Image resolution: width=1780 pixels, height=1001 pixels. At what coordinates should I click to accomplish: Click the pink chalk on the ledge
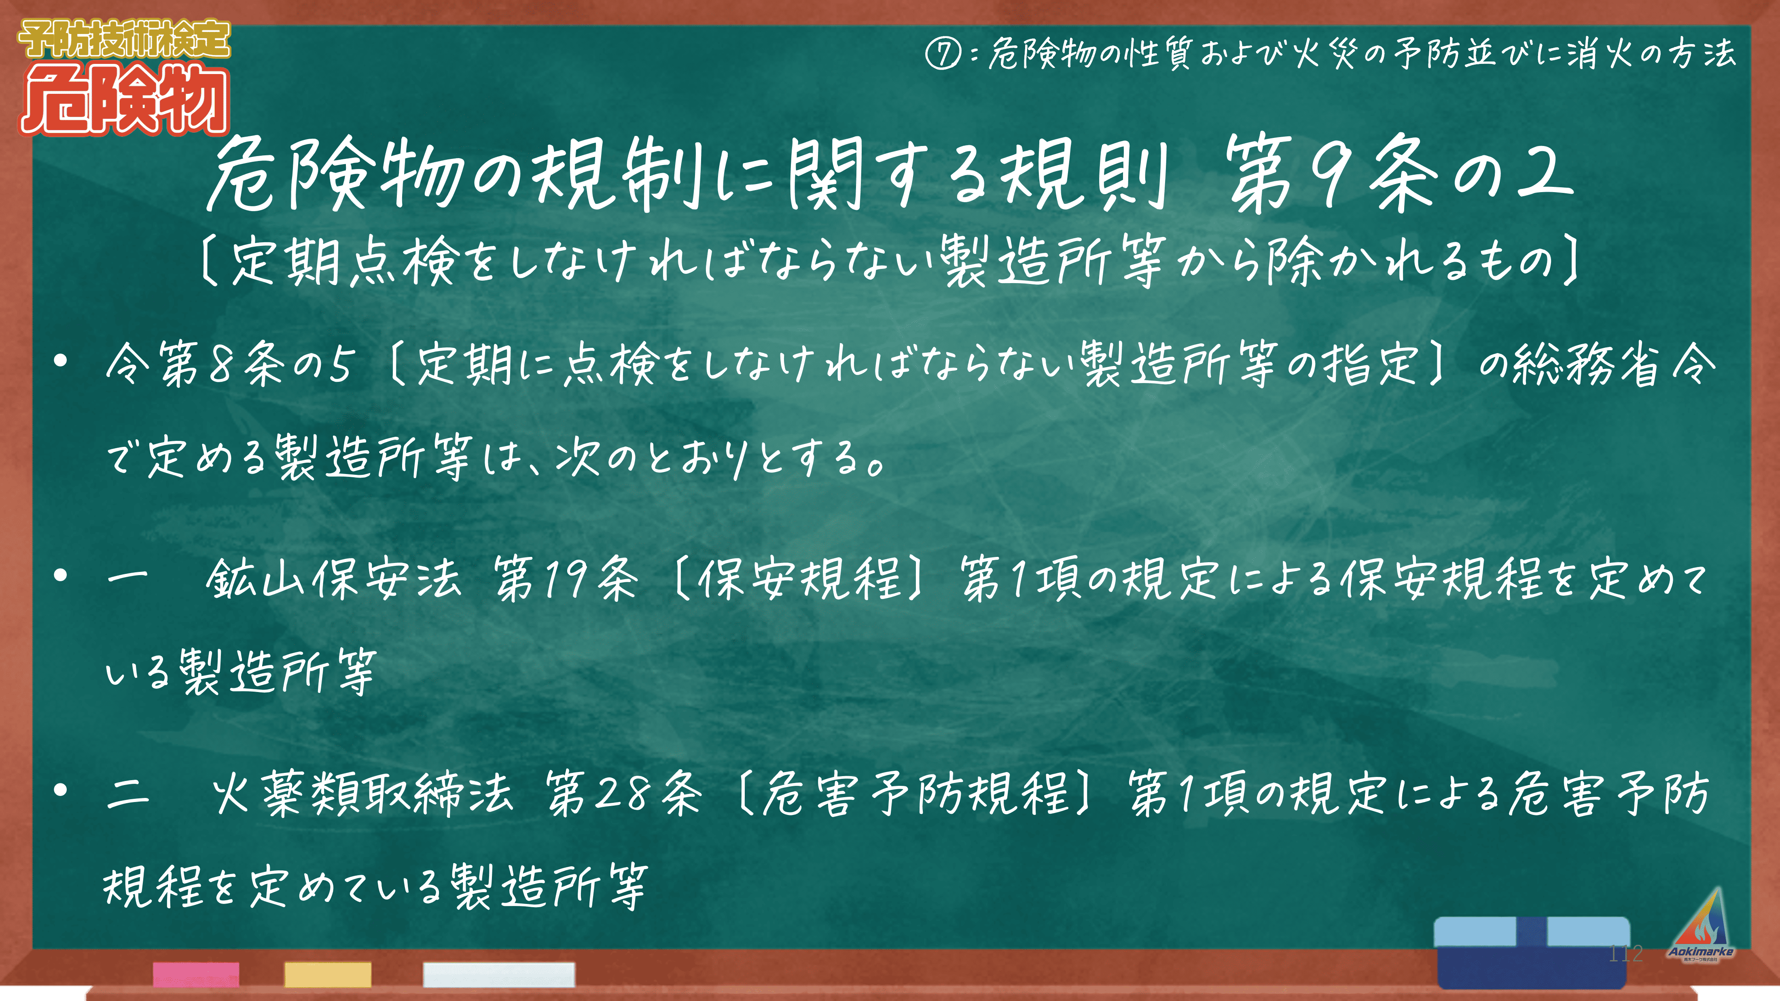pyautogui.click(x=196, y=974)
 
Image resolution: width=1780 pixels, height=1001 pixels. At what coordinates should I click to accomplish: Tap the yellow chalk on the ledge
pyautogui.click(x=328, y=974)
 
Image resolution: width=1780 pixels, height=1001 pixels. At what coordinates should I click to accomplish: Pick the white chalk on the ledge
pyautogui.click(x=499, y=974)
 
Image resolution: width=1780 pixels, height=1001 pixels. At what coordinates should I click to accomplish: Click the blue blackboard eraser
pyautogui.click(x=1532, y=952)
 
